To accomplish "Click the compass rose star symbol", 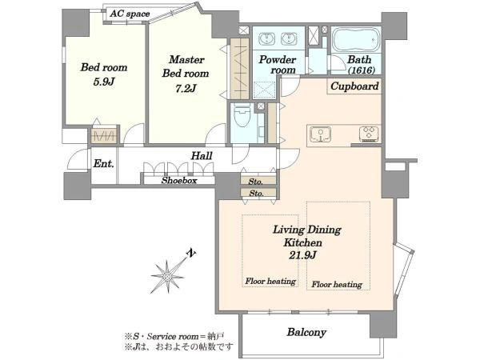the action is coord(168,277).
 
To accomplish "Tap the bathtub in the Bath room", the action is coord(355,40).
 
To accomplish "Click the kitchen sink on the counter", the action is coord(321,134).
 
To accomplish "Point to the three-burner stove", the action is coord(370,134).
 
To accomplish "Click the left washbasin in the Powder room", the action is coord(267,39).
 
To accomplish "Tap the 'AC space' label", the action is coord(130,14).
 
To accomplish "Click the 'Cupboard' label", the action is coord(354,86).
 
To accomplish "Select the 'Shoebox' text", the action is coord(179,180).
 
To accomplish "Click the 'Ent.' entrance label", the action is coord(103,163).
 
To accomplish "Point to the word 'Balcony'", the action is coord(306,332).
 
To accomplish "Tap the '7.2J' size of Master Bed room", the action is coord(186,89).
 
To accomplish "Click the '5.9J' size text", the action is coord(104,82).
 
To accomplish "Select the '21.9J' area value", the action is coord(302,255).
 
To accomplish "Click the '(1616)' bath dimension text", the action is coord(362,70).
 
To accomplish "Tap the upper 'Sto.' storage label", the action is coord(256,182).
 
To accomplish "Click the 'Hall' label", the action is coord(202,156).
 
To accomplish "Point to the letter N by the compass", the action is coord(191,253).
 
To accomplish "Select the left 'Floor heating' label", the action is coord(270,281).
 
